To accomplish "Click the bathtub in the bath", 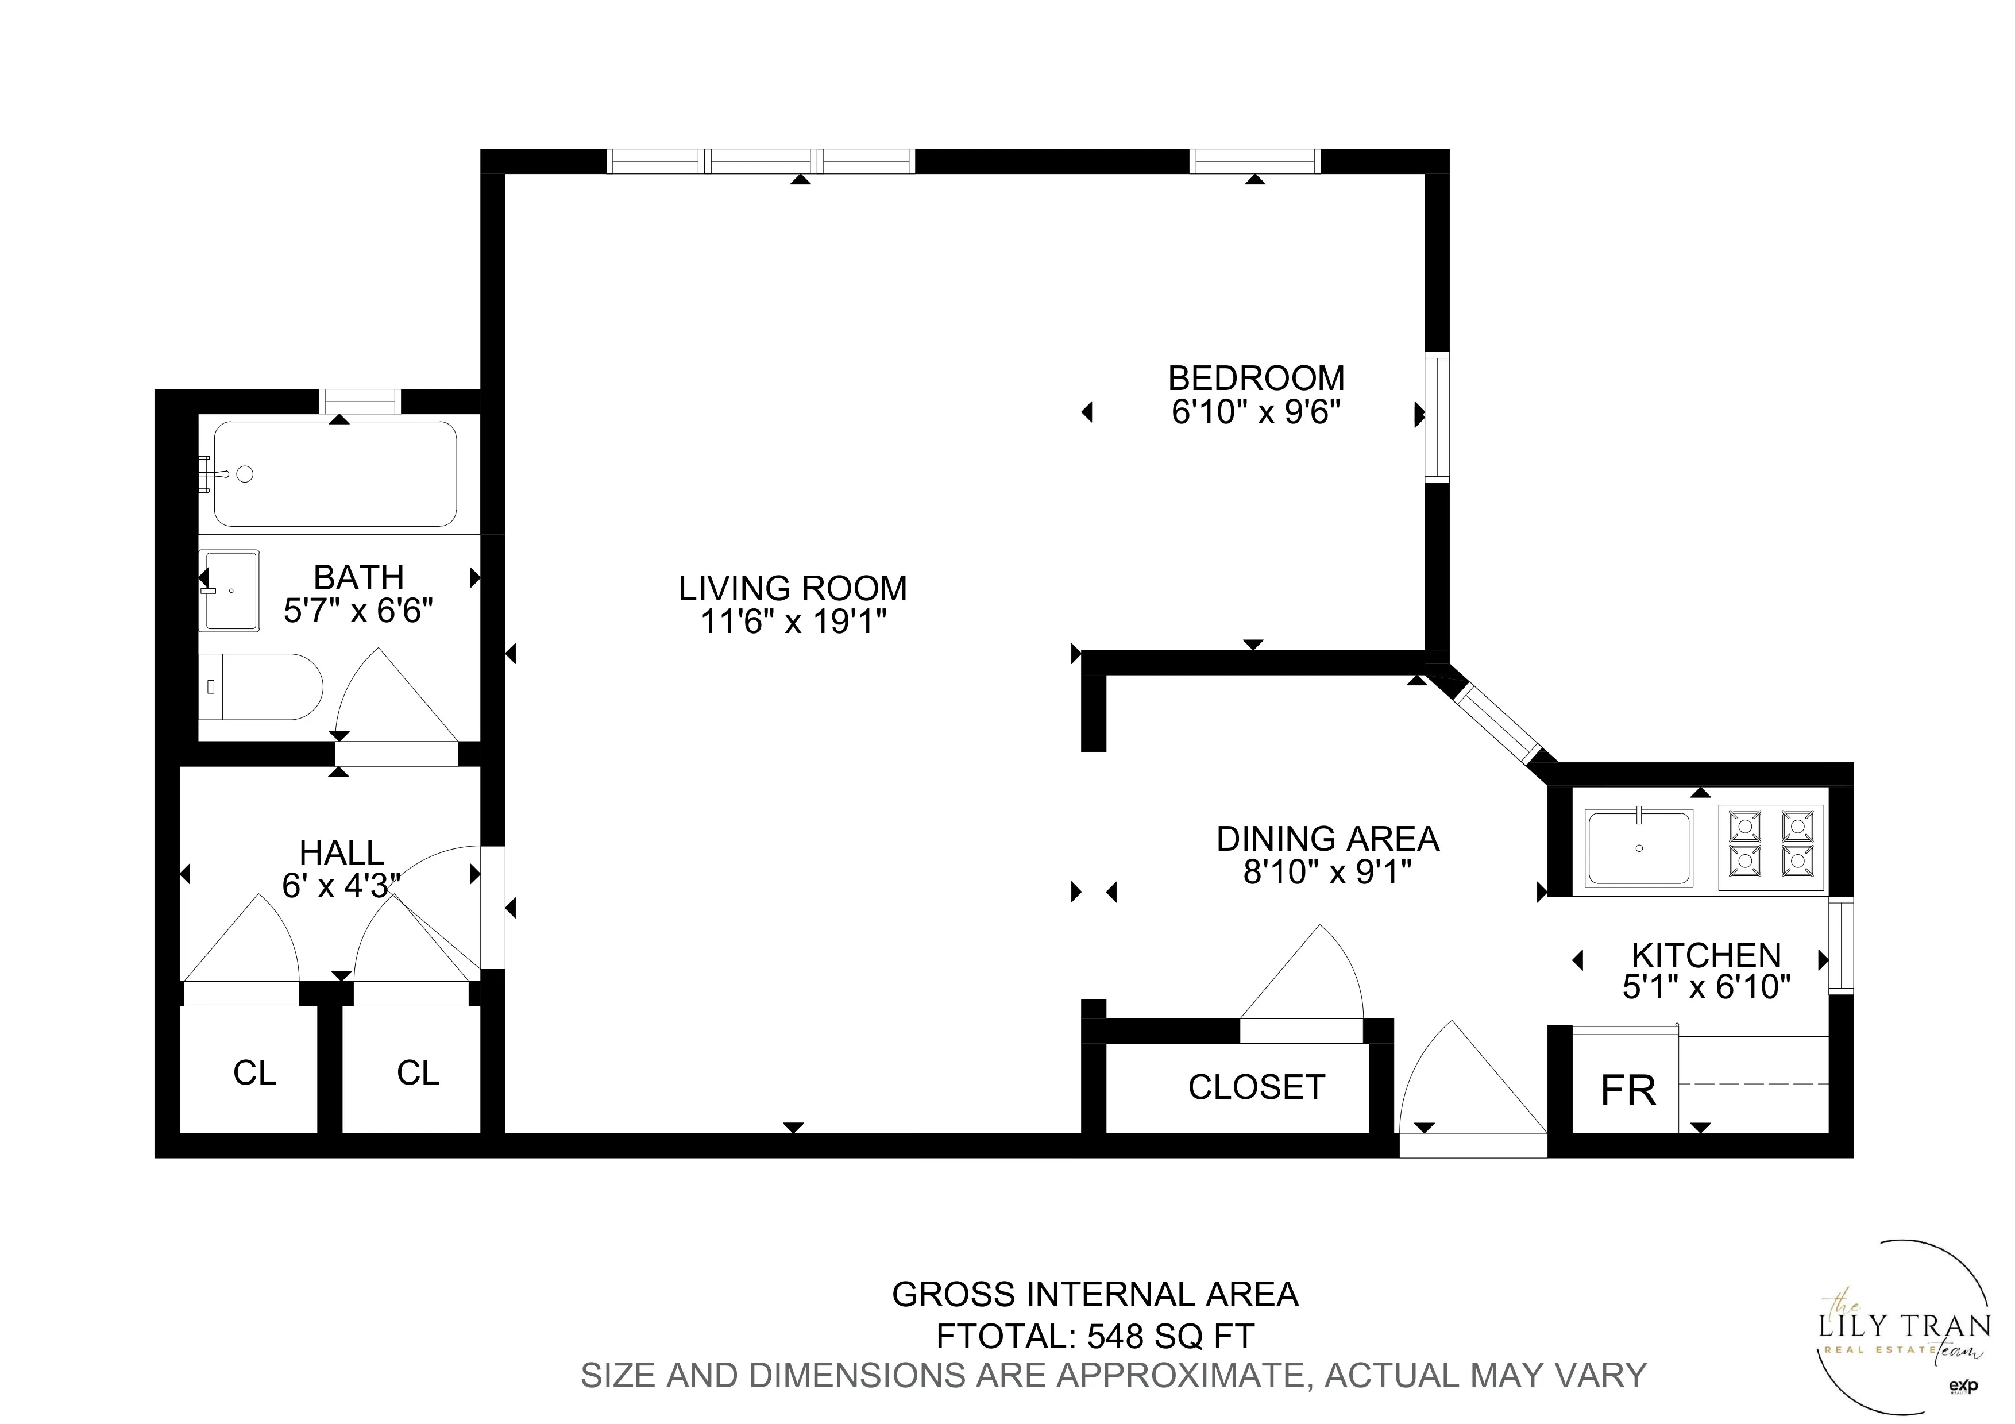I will click(x=335, y=474).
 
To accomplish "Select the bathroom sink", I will click(x=229, y=591).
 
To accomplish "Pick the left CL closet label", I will click(x=254, y=1073).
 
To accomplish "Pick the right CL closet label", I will click(x=418, y=1073).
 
